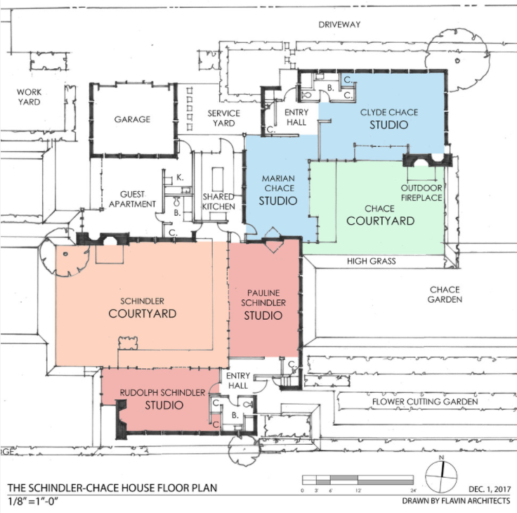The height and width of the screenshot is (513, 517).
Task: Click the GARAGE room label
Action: point(132,119)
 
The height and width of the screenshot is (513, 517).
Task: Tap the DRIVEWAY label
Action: point(339,25)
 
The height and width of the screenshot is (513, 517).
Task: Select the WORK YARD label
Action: point(30,97)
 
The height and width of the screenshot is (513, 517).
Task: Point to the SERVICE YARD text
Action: point(223,118)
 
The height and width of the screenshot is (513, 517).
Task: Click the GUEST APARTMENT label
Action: point(132,200)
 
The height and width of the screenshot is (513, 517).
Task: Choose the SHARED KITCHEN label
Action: point(218,202)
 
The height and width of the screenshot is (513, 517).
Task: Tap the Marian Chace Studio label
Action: point(278,190)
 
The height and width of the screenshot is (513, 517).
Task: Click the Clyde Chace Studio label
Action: point(389,119)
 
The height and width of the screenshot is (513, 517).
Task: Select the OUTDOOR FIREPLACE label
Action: point(421,193)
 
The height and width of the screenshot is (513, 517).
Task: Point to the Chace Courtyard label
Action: point(380,216)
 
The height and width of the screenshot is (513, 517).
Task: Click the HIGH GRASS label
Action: point(372,261)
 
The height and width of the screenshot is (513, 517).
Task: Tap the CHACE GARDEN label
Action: point(445,294)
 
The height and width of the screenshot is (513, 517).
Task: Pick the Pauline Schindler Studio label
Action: point(263,305)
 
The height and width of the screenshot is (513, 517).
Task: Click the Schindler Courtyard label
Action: point(143,308)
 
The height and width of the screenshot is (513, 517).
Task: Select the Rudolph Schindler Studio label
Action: point(163,399)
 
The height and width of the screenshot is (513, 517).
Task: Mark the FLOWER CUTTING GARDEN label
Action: point(425,402)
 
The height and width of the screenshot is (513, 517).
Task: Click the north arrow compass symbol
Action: point(441,476)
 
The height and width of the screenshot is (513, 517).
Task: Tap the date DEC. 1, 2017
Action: point(490,489)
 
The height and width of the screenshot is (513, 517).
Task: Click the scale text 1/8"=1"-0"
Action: point(33,502)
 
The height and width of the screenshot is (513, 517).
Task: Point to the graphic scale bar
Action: point(358,480)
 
